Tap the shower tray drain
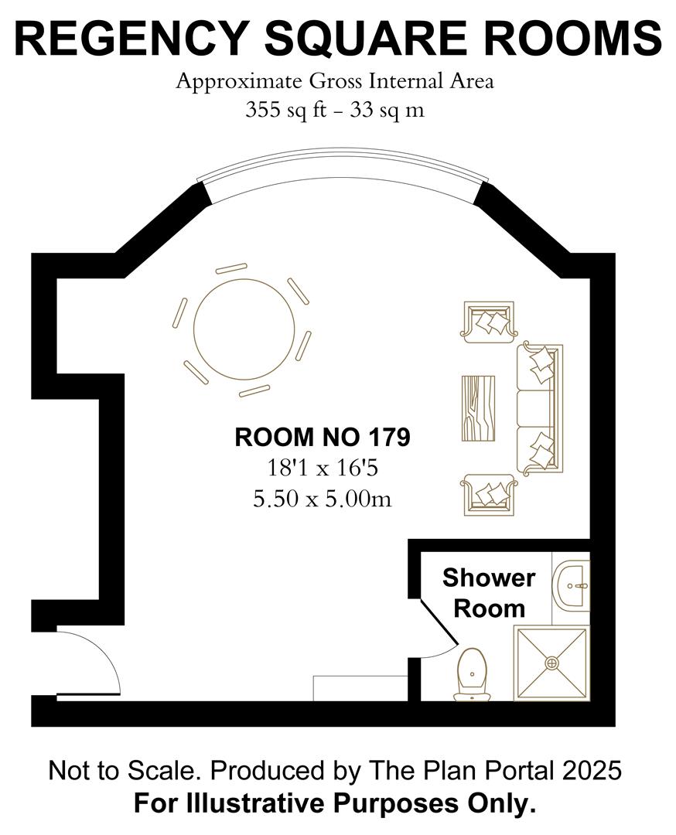click(x=552, y=663)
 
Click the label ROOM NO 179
click(x=322, y=438)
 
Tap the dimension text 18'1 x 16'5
click(x=322, y=469)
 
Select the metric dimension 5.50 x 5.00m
click(x=322, y=499)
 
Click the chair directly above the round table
click(x=231, y=268)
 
